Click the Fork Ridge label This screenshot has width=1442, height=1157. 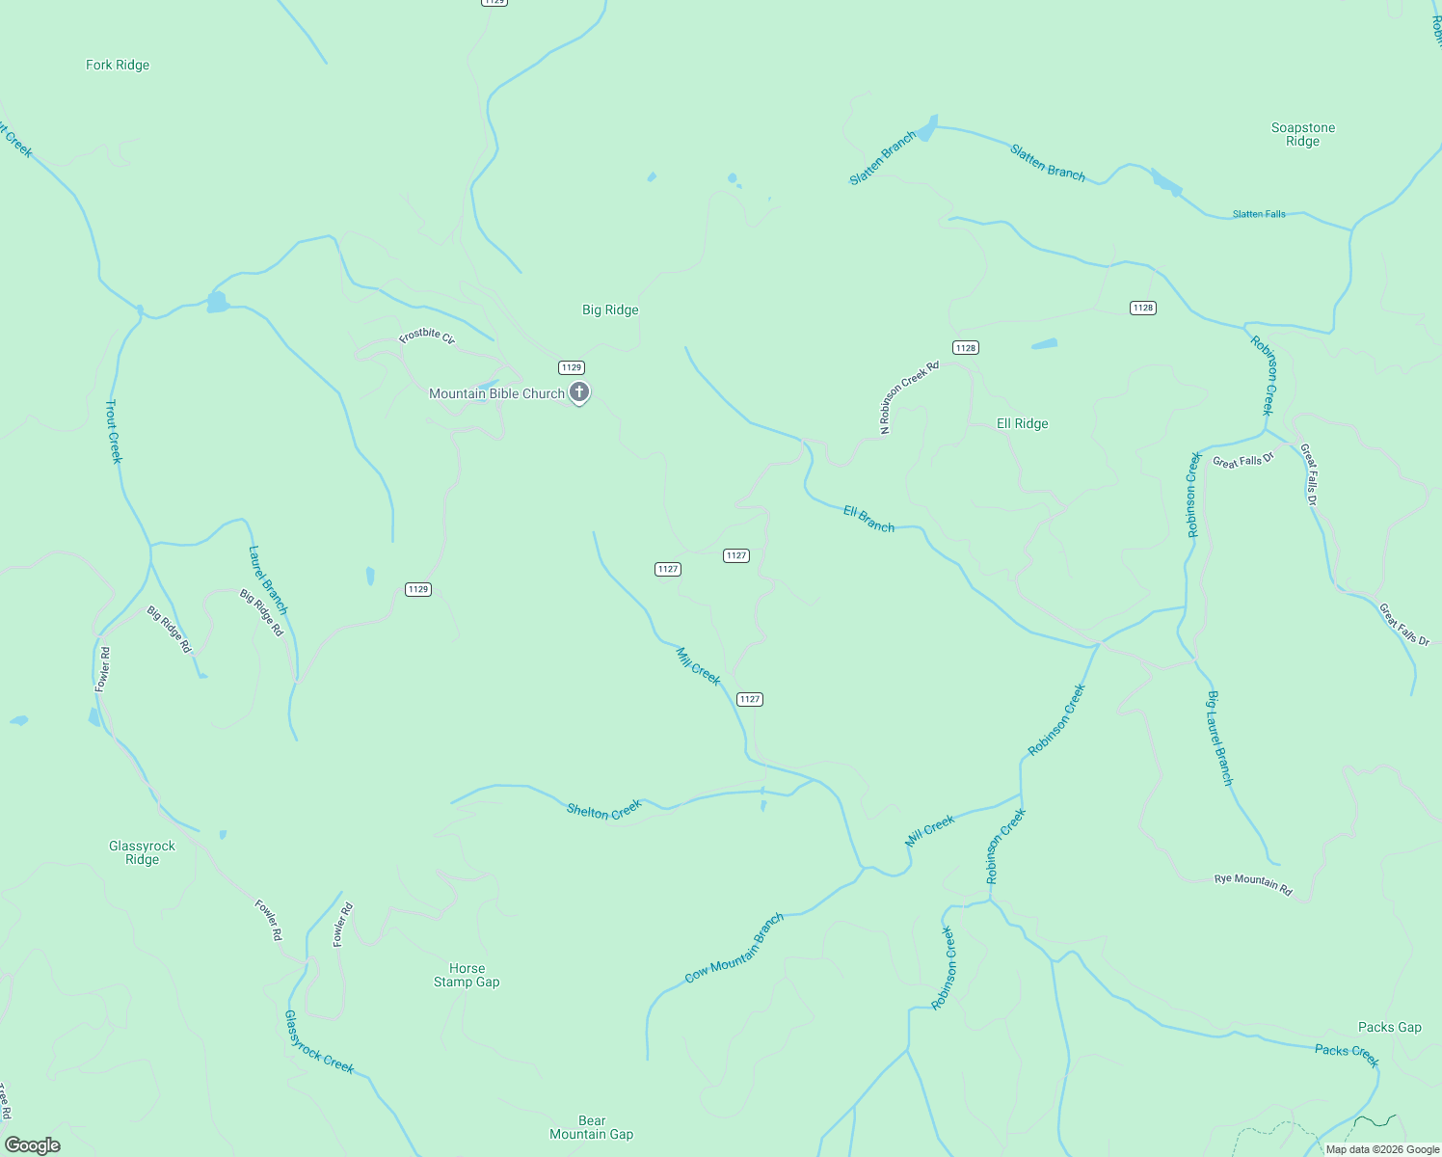click(x=118, y=66)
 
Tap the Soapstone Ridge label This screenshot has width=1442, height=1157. click(x=1302, y=134)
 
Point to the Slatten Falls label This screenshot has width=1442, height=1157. click(x=1259, y=214)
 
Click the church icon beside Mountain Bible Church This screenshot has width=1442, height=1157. click(x=578, y=392)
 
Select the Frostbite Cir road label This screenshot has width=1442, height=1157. click(x=426, y=336)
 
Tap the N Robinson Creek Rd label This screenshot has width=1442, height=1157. click(x=909, y=397)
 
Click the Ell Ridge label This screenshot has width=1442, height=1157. click(x=1022, y=424)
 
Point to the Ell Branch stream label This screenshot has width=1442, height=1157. click(x=868, y=519)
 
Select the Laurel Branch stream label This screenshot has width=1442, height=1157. click(x=267, y=579)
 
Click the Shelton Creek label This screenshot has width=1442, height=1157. click(x=603, y=810)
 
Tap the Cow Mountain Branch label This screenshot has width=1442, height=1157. click(x=734, y=948)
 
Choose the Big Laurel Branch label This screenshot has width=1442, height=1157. click(x=1219, y=738)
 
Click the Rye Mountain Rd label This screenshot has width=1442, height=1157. click(x=1252, y=884)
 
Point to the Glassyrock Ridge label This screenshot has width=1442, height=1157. click(x=142, y=852)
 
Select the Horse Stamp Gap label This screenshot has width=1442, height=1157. click(x=467, y=975)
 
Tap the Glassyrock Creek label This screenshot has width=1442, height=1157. click(x=319, y=1041)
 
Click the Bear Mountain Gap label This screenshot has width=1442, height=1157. click(x=591, y=1127)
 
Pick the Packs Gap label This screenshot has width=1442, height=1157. click(x=1389, y=1027)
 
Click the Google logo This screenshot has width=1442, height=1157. click(x=33, y=1145)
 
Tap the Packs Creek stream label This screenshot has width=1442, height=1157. click(x=1347, y=1056)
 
